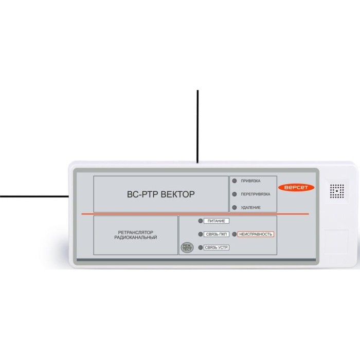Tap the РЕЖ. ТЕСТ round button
tap(186, 248)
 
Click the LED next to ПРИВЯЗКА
tap(235, 181)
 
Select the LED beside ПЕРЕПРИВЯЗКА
tap(235, 194)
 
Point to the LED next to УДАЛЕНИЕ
tap(235, 208)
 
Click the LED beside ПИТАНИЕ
tap(201, 221)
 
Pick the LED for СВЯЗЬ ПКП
tap(201, 235)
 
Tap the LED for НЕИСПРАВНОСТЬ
tap(235, 235)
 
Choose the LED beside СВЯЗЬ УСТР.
tap(201, 248)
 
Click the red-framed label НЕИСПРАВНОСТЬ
tap(256, 235)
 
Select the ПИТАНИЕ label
tap(216, 221)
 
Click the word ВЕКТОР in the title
tap(178, 194)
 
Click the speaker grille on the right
tap(337, 191)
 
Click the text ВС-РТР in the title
tap(142, 194)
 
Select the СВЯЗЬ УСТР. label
tap(217, 248)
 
